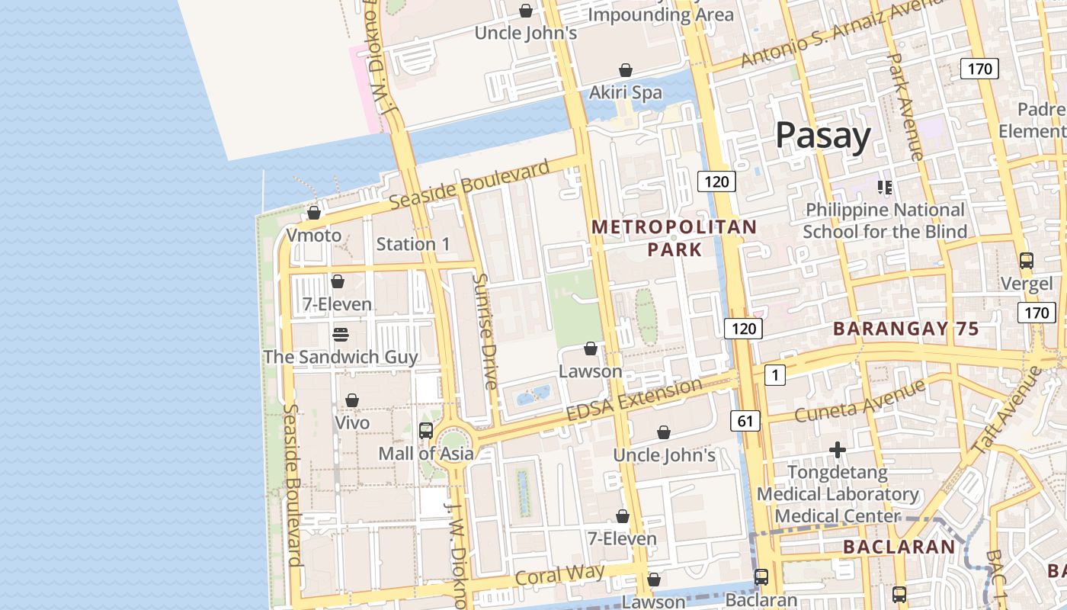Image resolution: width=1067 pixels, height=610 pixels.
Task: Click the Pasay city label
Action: pos(823,136)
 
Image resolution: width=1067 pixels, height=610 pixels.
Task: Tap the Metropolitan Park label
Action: pos(674,238)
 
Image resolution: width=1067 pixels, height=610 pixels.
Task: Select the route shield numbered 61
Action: pos(745,420)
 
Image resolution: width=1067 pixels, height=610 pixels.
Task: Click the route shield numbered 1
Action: pos(774,374)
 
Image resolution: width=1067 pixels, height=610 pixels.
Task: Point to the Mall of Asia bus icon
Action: pos(426,431)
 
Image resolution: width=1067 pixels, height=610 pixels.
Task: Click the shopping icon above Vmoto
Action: pos(314,213)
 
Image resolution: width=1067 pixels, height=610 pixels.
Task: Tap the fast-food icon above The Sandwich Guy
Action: pos(341,335)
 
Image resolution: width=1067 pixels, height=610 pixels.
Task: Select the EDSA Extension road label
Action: pos(634,400)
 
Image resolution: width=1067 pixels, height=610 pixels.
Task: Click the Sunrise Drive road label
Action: pos(485,331)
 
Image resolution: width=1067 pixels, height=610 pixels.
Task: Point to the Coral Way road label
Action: pos(559,575)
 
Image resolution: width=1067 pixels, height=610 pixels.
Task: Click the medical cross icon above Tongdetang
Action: pos(838,450)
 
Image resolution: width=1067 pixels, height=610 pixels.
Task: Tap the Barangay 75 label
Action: pos(905,329)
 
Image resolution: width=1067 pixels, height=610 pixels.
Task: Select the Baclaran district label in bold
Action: pos(899,547)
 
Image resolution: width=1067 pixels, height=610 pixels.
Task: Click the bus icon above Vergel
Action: pos(1027,261)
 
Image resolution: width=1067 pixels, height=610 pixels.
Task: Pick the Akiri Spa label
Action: pos(626,92)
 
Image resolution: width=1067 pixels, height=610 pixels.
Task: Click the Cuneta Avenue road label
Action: pos(860,402)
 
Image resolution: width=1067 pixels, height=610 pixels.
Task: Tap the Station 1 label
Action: pos(413,244)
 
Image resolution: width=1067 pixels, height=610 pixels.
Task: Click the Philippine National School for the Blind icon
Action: pos(885,187)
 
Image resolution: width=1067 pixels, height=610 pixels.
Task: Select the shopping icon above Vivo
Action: pos(352,400)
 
